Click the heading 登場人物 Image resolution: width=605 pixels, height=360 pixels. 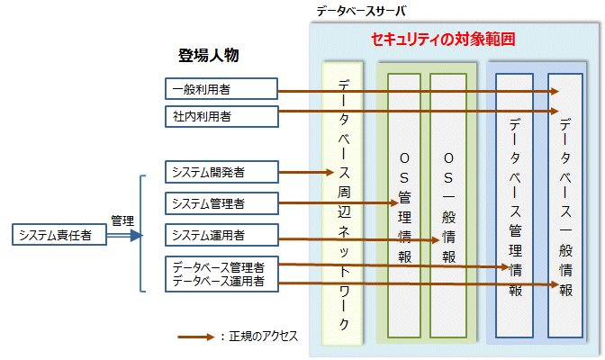(x=208, y=56)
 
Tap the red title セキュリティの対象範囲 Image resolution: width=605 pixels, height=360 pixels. (x=443, y=40)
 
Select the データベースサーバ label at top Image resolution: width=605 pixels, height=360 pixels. (x=361, y=11)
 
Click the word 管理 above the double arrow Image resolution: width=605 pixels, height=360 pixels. (x=122, y=220)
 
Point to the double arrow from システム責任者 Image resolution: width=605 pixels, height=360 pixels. (x=124, y=236)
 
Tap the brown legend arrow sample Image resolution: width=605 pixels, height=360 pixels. (x=196, y=337)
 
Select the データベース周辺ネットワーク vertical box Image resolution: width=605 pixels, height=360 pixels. (x=343, y=202)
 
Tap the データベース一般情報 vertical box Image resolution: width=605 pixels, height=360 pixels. (x=565, y=207)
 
